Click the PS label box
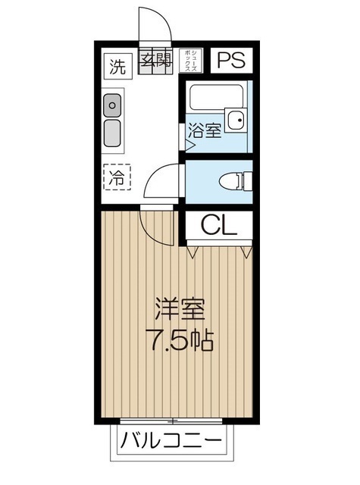click(232, 61)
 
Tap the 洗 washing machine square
click(116, 65)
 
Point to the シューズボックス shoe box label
click(193, 60)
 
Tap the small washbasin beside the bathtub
click(237, 119)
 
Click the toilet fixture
click(234, 181)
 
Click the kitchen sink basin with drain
click(113, 104)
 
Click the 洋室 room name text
click(180, 310)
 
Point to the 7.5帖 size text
click(180, 339)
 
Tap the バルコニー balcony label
click(171, 441)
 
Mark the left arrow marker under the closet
click(193, 250)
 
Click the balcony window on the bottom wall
click(173, 421)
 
